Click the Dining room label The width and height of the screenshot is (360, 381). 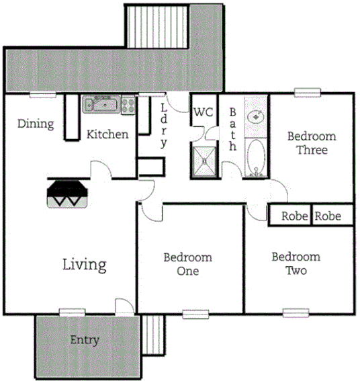36,124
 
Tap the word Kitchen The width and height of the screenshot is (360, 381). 107,134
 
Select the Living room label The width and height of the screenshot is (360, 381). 84,264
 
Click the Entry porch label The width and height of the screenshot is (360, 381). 85,340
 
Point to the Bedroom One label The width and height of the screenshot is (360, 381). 188,264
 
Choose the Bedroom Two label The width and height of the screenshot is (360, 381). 296,263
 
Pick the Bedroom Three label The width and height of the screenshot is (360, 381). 312,143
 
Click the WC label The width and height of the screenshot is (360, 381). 203,112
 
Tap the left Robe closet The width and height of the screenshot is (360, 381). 294,216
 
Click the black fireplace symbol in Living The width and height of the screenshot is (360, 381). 68,191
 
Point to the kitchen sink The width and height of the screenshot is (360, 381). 101,104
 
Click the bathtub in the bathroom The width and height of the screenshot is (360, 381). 256,158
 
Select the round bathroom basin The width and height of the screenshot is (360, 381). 256,116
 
